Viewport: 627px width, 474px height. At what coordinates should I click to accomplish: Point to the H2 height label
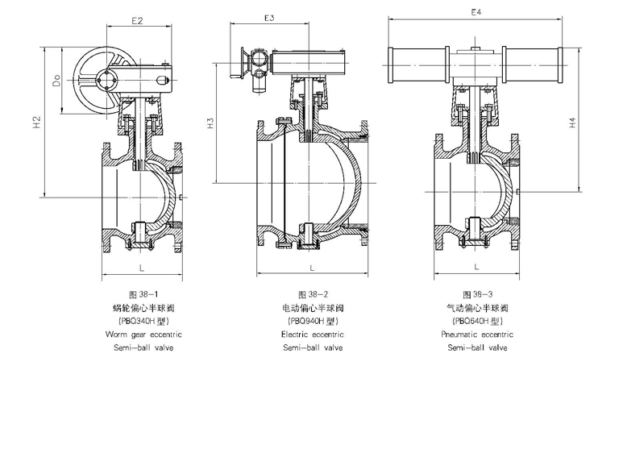click(37, 123)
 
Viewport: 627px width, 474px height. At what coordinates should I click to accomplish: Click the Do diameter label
click(56, 82)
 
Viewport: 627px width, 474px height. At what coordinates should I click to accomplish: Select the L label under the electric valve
click(312, 267)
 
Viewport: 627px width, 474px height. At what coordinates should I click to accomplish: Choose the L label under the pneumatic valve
click(477, 267)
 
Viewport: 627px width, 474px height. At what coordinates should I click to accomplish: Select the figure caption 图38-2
click(313, 294)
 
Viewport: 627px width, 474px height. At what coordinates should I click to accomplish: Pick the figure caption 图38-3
click(477, 294)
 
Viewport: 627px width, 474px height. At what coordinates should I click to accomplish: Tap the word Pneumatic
click(457, 334)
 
